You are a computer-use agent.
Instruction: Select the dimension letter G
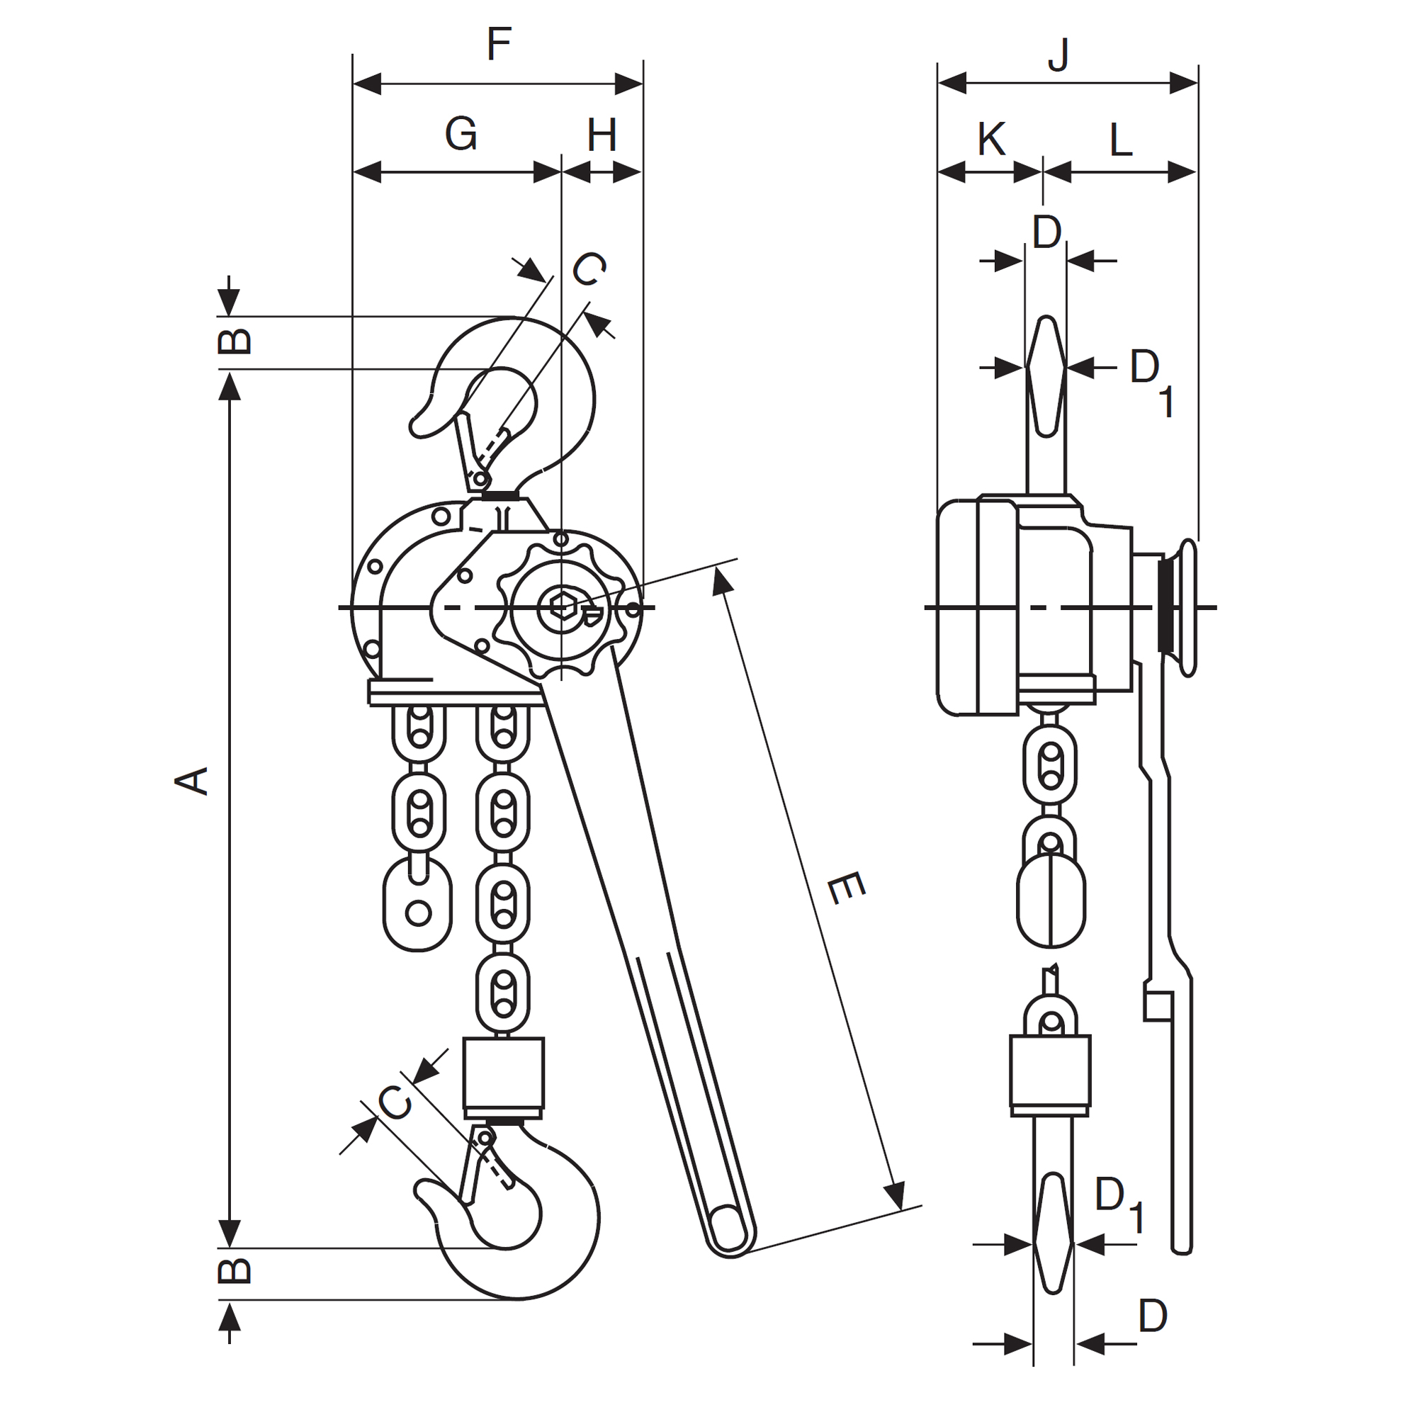click(461, 134)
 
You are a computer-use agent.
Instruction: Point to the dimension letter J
click(1058, 55)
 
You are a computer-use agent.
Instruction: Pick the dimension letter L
click(1120, 140)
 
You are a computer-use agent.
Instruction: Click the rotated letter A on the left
click(192, 780)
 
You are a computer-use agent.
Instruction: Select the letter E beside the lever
click(846, 889)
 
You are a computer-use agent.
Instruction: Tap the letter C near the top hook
click(589, 269)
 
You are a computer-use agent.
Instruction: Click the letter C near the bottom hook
click(395, 1102)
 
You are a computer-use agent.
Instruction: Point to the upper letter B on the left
click(235, 341)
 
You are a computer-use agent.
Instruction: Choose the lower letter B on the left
click(235, 1271)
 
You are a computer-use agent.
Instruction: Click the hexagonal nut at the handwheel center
click(561, 606)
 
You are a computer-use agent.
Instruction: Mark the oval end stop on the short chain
click(417, 903)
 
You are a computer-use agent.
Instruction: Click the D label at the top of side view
click(1046, 232)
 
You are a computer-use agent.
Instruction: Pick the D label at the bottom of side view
click(1152, 1316)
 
